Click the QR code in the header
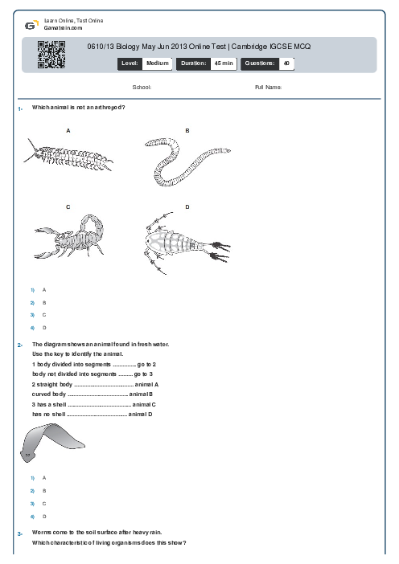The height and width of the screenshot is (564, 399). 51,55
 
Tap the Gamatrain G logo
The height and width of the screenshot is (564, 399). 31,25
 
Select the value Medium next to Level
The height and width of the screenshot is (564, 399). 158,63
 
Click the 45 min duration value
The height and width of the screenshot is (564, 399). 224,63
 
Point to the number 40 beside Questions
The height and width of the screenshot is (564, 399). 286,63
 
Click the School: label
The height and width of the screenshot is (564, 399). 142,88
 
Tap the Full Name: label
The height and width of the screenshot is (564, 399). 269,88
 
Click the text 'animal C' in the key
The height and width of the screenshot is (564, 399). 144,405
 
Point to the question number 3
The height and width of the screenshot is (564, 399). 20,533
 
